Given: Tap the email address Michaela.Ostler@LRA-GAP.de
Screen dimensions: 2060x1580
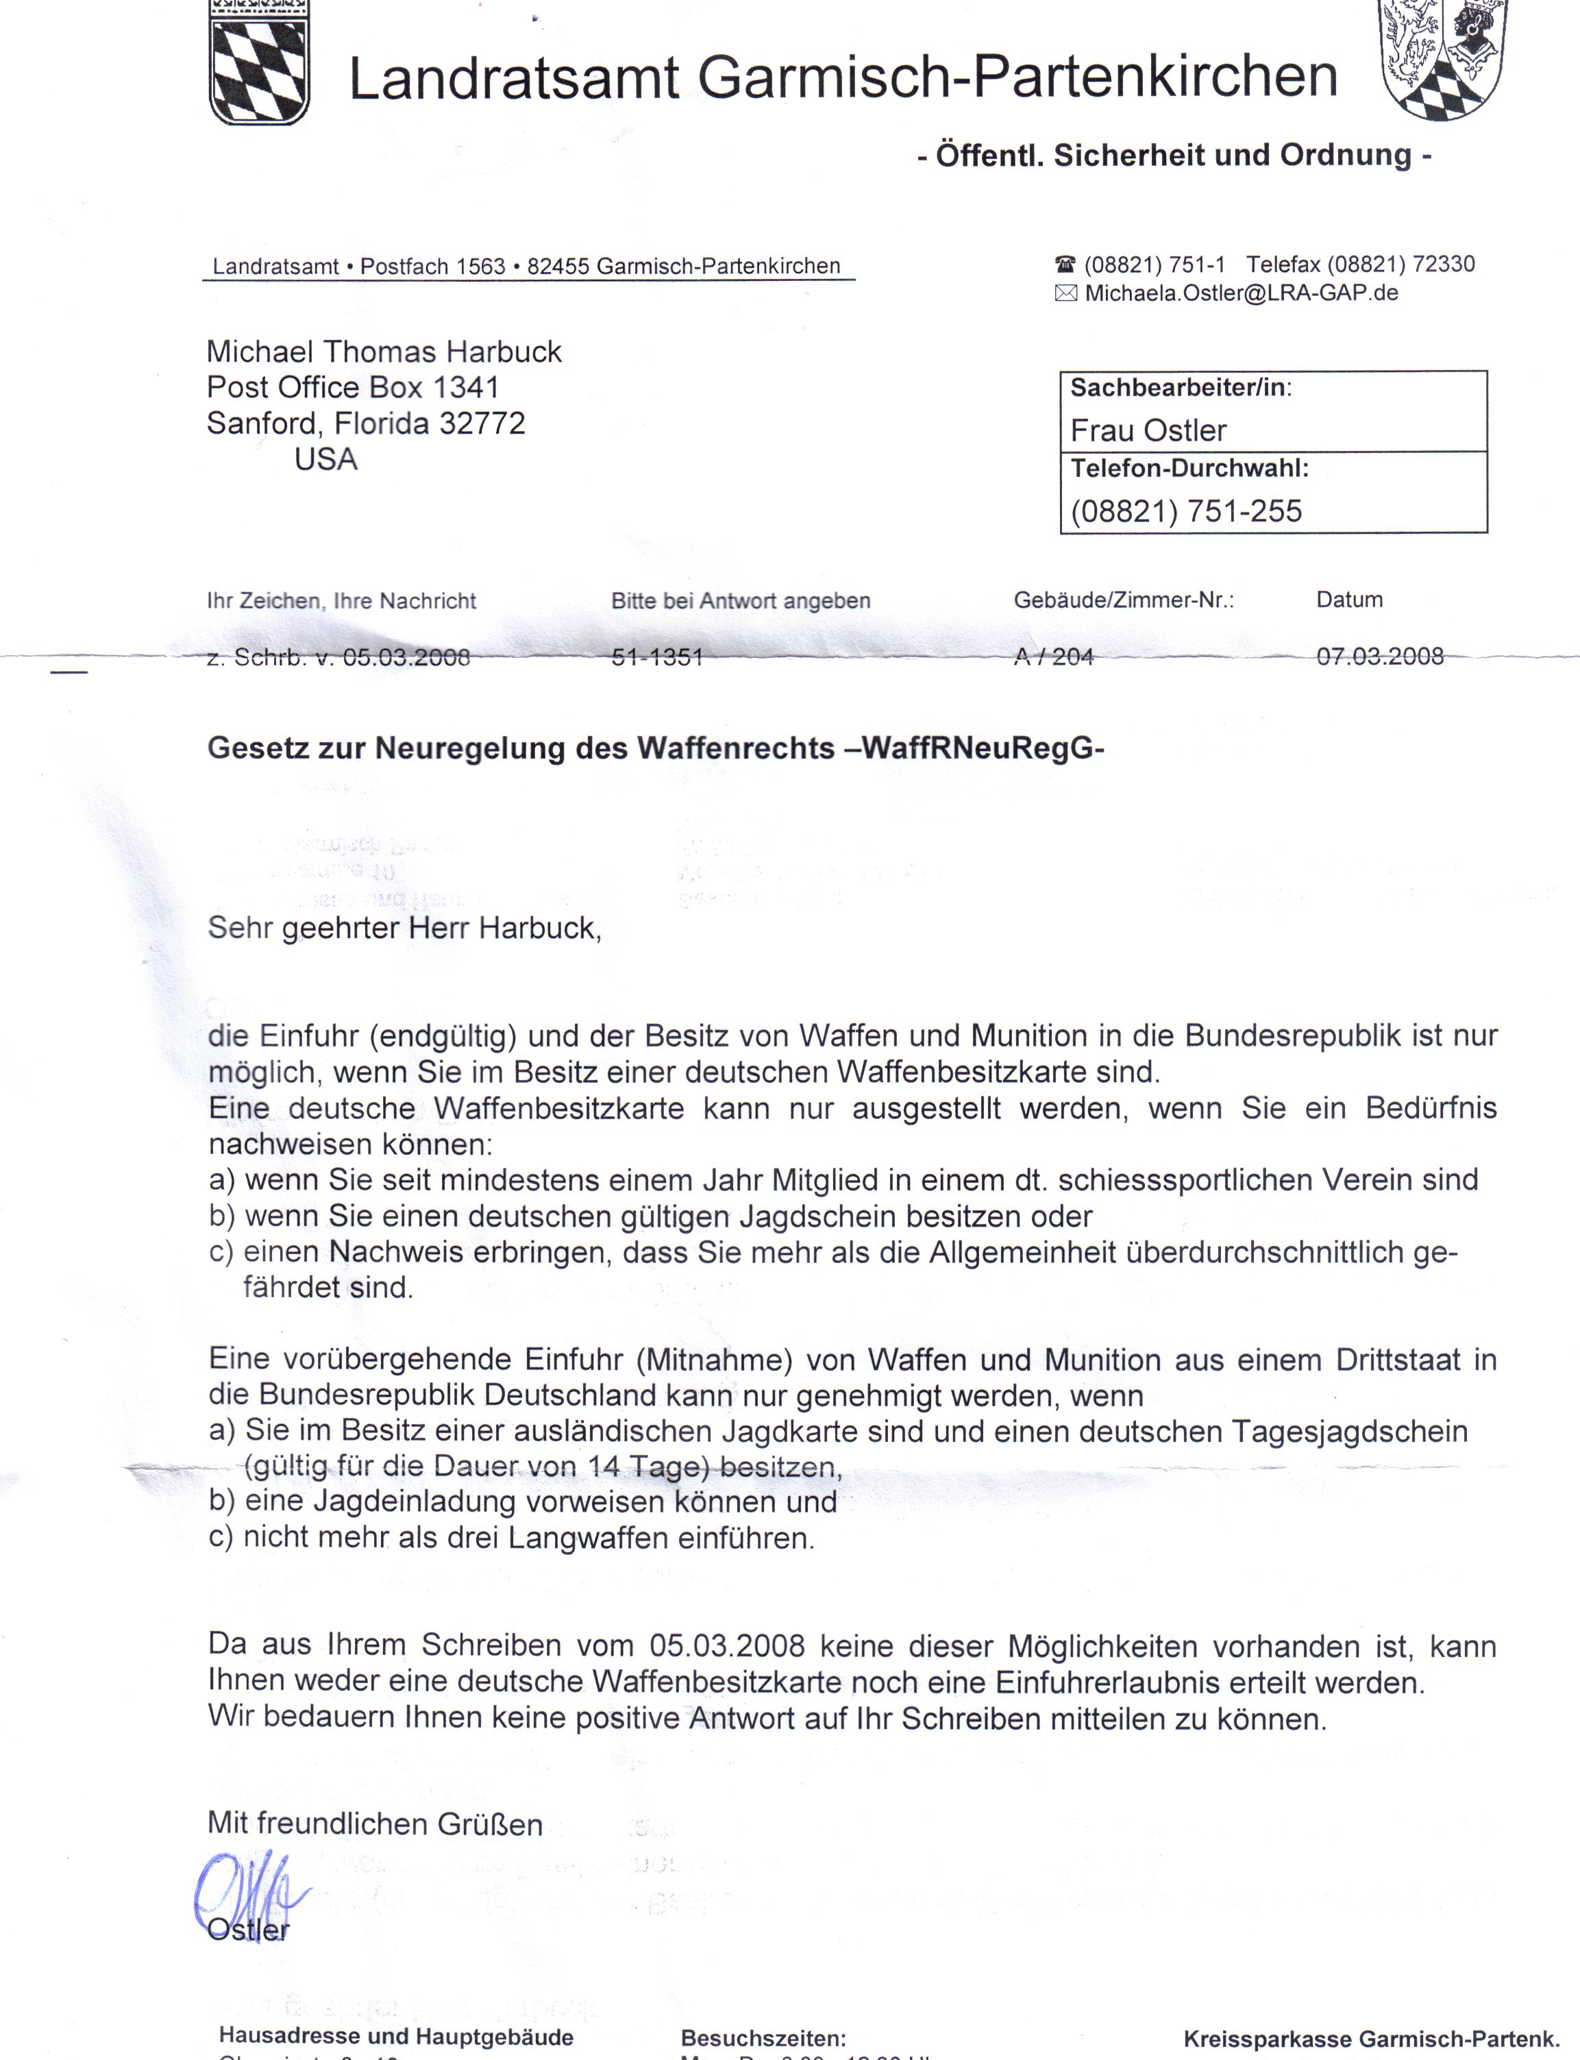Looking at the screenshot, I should pyautogui.click(x=1242, y=293).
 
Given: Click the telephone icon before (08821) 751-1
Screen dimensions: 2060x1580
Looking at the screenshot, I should pyautogui.click(x=1065, y=265).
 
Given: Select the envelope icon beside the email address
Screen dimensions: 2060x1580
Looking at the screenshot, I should pyautogui.click(x=1065, y=293).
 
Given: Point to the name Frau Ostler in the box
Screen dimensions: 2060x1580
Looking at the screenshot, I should pyautogui.click(x=1148, y=431).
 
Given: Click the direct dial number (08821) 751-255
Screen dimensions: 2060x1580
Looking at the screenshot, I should pyautogui.click(x=1186, y=512).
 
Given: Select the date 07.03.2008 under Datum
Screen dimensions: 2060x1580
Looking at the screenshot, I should pyautogui.click(x=1380, y=656).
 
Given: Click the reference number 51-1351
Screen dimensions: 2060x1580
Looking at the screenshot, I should pyautogui.click(x=657, y=657).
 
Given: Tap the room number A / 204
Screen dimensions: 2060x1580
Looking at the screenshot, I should pyautogui.click(x=1053, y=657).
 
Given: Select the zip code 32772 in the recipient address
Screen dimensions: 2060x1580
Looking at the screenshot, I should pyautogui.click(x=482, y=424).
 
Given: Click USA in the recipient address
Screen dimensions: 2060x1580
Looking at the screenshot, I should pyautogui.click(x=325, y=459).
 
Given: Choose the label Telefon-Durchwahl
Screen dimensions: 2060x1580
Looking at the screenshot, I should pyautogui.click(x=1189, y=469).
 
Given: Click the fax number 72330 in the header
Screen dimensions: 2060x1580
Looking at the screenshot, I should pyautogui.click(x=1444, y=265).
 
